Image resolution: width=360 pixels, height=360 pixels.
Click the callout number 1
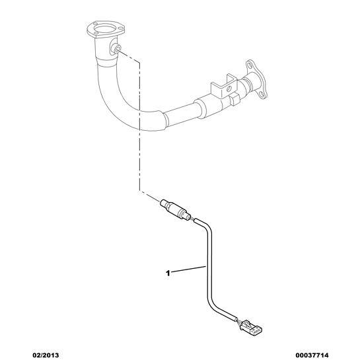pos(168,273)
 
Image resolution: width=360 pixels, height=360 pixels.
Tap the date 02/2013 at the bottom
pos(45,355)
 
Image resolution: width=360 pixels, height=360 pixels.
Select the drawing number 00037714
pos(312,355)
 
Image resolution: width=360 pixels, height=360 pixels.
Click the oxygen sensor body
pos(176,209)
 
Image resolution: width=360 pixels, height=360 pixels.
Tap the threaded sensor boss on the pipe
pos(116,49)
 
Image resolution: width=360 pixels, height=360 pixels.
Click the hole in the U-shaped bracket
pos(229,88)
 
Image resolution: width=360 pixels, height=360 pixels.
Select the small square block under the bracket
pos(234,100)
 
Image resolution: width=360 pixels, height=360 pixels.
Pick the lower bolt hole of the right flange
pos(262,94)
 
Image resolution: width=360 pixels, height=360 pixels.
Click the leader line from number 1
pos(188,270)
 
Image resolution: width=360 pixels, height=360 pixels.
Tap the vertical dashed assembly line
pos(139,126)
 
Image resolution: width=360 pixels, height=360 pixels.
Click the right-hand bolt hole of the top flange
pos(120,28)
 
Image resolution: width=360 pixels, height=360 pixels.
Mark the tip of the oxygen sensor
pos(162,201)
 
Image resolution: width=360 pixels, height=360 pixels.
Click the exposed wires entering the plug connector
pos(238,322)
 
